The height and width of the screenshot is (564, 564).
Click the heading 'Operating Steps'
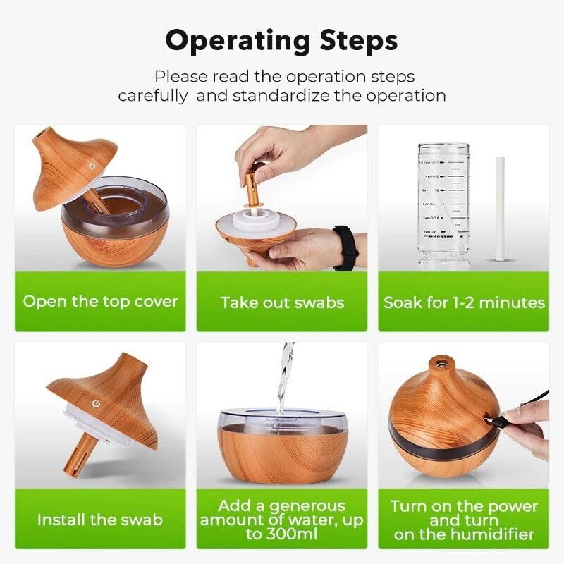(x=281, y=41)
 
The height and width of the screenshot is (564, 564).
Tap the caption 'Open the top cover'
(x=100, y=302)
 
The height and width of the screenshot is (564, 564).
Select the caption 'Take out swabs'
(x=282, y=302)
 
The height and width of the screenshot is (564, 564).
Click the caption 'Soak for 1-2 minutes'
(x=464, y=302)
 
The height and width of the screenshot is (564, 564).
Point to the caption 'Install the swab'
(x=100, y=520)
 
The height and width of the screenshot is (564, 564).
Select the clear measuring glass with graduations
(x=443, y=204)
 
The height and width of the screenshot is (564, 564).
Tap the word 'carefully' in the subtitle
(x=152, y=95)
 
